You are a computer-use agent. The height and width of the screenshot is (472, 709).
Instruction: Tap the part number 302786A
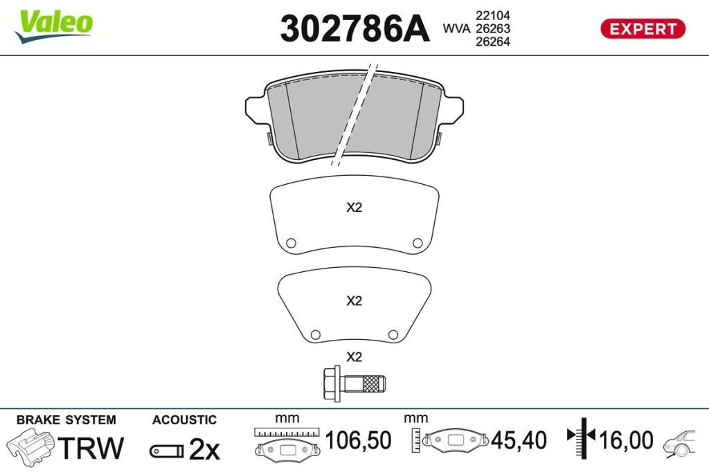[x=354, y=28]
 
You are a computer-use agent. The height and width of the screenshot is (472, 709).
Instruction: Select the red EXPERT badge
[x=643, y=29]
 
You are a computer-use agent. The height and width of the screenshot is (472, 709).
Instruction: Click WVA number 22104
[x=492, y=15]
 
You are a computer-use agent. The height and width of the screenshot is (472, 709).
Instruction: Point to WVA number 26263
[x=492, y=28]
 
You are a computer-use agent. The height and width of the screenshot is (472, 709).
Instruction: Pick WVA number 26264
[x=492, y=42]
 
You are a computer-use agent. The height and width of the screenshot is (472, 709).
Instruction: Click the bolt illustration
[x=354, y=383]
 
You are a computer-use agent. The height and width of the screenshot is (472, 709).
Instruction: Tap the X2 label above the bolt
[x=354, y=357]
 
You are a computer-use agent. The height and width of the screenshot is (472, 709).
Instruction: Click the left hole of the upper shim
[x=291, y=243]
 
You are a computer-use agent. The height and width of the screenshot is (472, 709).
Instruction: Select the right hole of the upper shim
[x=418, y=243]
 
